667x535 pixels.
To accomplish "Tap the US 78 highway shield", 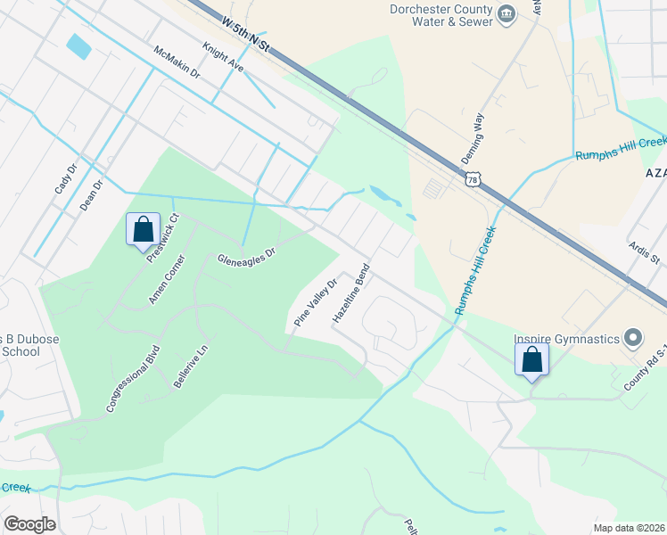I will (x=471, y=180).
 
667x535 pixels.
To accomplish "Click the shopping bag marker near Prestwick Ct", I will (x=143, y=230).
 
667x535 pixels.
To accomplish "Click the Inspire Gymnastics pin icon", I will (x=633, y=338).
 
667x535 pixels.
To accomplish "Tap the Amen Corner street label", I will (x=167, y=280).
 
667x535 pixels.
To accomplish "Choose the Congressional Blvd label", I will (x=132, y=378).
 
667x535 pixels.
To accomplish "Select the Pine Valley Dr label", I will (x=316, y=302).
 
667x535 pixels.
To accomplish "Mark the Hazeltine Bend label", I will (x=350, y=293).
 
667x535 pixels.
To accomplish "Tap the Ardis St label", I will (x=643, y=251).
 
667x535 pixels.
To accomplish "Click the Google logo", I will (x=29, y=524).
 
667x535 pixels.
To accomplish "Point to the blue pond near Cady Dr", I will (x=78, y=46).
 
